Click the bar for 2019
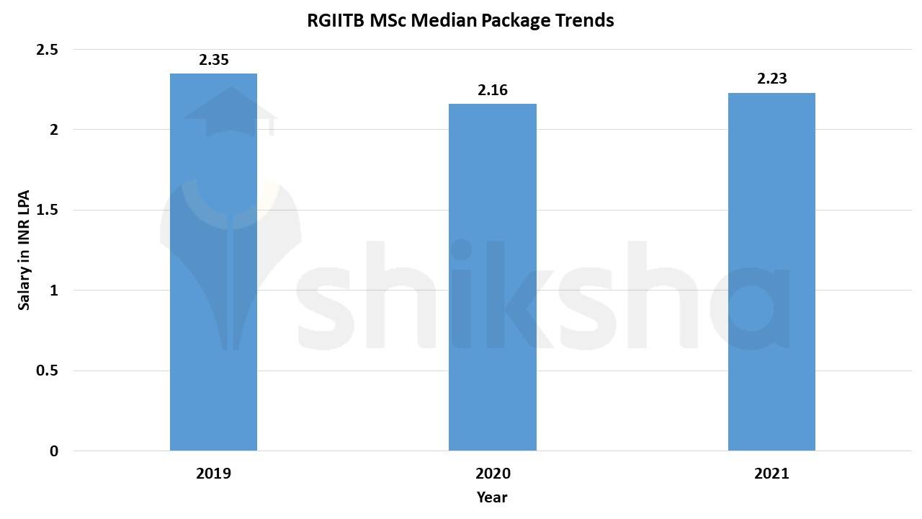tap(213, 262)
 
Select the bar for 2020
tap(493, 278)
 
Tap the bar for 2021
tap(771, 272)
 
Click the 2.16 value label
tap(493, 91)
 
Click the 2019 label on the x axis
tap(213, 474)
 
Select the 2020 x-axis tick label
tap(493, 474)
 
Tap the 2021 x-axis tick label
tap(771, 474)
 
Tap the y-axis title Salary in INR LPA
tap(24, 250)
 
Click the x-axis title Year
tap(492, 497)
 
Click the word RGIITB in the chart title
tap(336, 21)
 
